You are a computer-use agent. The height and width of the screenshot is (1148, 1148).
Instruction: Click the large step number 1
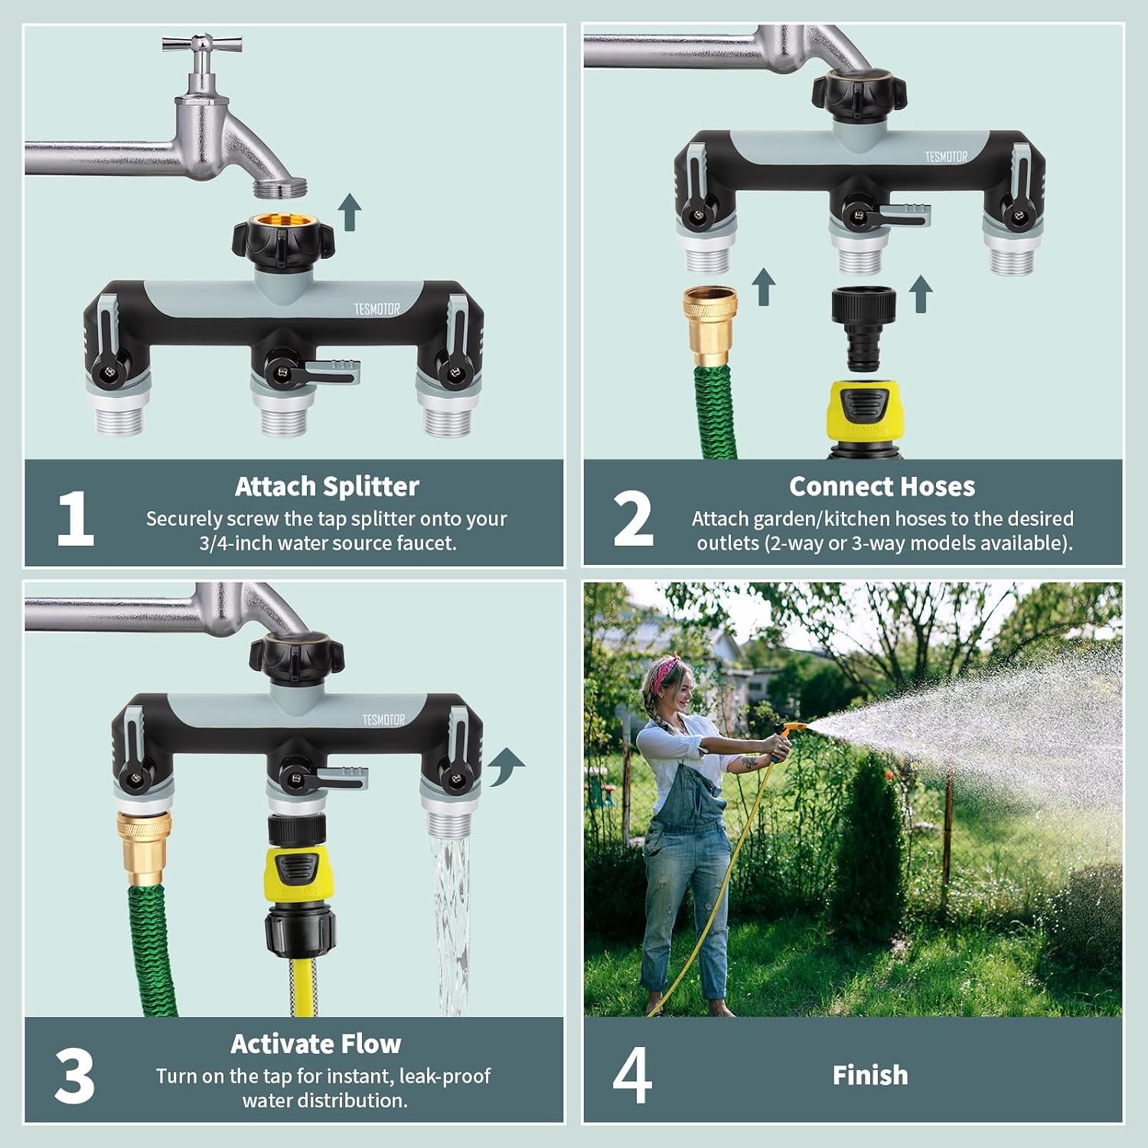click(x=75, y=519)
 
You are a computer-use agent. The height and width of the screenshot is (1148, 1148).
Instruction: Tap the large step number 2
click(x=633, y=519)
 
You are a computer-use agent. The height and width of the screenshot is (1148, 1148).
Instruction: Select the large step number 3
click(x=74, y=1076)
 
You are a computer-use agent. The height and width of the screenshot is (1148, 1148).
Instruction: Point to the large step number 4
click(x=632, y=1075)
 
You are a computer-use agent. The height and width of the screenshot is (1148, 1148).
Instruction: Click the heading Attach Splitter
click(x=327, y=487)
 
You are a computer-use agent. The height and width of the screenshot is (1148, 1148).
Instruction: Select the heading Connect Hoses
click(x=882, y=487)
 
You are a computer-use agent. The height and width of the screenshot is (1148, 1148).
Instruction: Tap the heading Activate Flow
click(x=315, y=1044)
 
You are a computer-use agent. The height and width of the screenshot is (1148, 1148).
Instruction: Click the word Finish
click(x=870, y=1075)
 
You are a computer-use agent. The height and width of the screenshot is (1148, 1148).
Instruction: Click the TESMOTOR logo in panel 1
click(x=377, y=309)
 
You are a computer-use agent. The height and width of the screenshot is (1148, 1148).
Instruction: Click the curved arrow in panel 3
click(x=506, y=765)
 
